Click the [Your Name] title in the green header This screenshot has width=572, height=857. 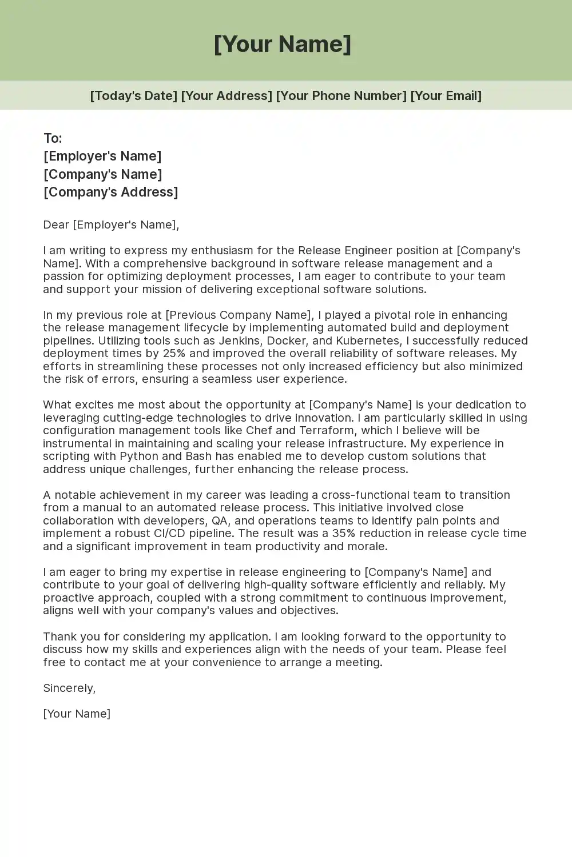(283, 44)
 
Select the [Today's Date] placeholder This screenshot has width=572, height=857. (133, 95)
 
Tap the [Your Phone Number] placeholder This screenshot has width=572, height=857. (341, 95)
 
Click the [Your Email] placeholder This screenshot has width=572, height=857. (446, 95)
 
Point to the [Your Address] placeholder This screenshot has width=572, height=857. (227, 95)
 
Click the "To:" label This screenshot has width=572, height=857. (53, 138)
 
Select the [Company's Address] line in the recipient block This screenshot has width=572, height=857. (111, 192)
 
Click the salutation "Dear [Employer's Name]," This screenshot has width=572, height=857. (111, 225)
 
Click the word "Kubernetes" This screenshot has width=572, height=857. (368, 341)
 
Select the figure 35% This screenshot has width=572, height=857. (344, 533)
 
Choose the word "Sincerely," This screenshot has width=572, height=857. (69, 688)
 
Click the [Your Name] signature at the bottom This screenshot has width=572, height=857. (77, 714)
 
